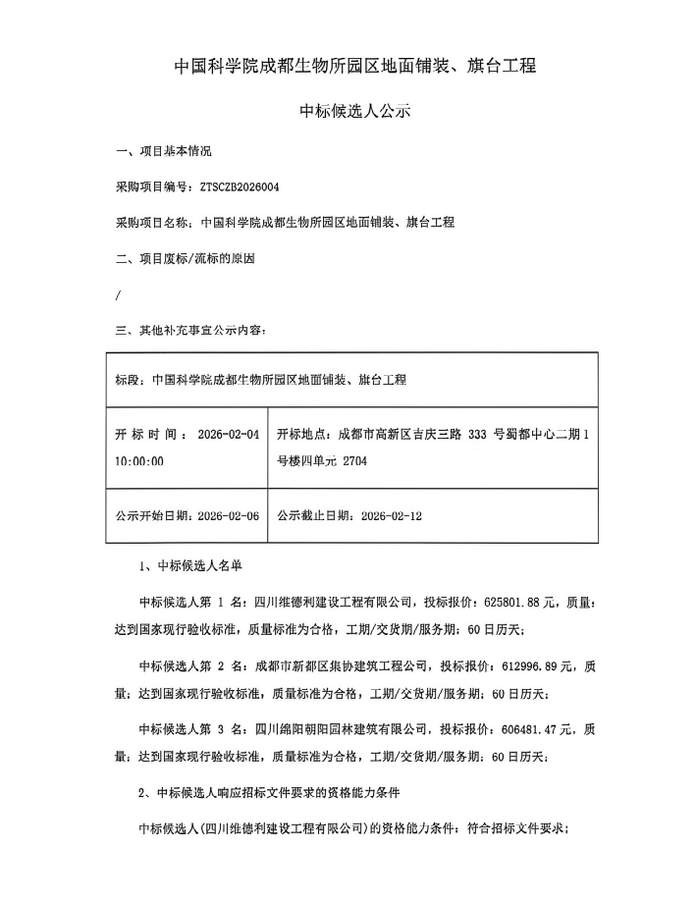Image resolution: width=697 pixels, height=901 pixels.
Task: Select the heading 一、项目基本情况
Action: point(163,152)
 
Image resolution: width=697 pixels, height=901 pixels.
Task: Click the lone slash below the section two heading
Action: point(118,294)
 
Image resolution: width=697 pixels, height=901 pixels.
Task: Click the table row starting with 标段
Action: point(260,379)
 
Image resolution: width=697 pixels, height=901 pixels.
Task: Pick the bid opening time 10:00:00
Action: point(139,459)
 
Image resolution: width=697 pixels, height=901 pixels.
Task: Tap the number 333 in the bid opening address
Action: point(477,433)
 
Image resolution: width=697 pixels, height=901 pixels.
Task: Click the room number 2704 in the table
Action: point(355,459)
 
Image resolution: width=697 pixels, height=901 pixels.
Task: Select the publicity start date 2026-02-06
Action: point(229,515)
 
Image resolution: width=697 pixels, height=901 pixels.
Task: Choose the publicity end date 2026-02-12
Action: point(392,515)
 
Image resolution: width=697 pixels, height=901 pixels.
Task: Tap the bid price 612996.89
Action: point(531,665)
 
